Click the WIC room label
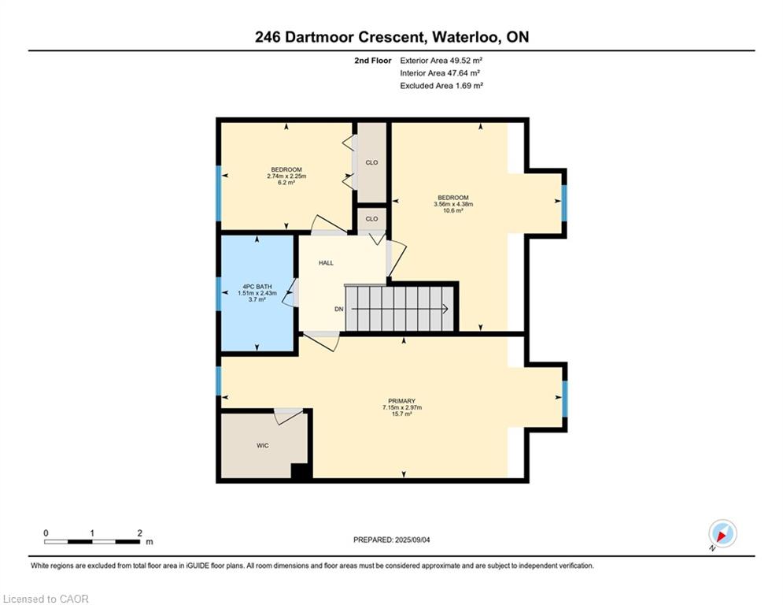point(263,446)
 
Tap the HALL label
point(326,263)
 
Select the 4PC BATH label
point(257,287)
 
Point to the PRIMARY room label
point(402,401)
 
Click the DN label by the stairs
point(339,309)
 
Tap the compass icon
point(722,533)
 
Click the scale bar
point(92,541)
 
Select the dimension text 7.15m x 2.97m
point(402,407)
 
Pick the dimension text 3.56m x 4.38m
point(453,204)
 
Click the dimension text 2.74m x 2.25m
point(286,176)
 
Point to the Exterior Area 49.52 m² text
point(441,61)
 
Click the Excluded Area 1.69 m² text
point(441,86)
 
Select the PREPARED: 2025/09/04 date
point(392,540)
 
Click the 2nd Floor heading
point(373,61)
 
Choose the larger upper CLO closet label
point(372,162)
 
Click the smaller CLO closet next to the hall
point(372,219)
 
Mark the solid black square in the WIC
point(300,472)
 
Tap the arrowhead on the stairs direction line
point(445,309)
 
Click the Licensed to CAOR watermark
point(46,599)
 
